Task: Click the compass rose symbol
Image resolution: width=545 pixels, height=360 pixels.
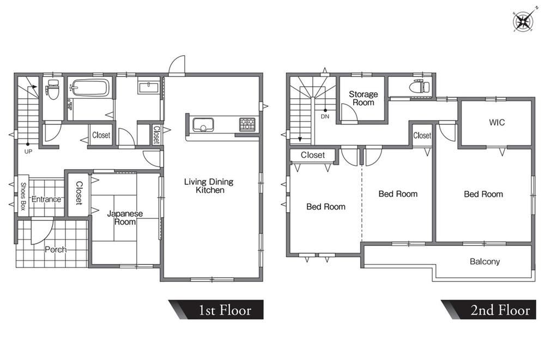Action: coord(523,21)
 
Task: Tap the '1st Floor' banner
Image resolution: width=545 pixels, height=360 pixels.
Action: coord(216,310)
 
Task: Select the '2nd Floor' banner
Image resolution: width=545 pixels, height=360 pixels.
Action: coord(489,310)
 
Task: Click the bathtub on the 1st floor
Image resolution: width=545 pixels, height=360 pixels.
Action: coord(90,87)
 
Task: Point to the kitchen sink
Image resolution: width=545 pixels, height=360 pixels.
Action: coord(203,125)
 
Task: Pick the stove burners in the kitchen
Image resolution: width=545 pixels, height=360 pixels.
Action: coord(247,125)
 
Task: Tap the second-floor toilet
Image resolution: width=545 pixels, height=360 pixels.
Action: coord(420,86)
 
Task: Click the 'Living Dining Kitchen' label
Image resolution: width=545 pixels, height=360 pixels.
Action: coord(209,186)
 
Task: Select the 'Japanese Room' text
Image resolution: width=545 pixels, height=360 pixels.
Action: coord(125,218)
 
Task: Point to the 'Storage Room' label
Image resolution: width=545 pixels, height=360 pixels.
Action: coord(363,98)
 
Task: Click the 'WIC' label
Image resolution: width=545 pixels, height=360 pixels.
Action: coord(496,122)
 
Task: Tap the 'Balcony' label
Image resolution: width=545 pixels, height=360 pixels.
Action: coord(485,261)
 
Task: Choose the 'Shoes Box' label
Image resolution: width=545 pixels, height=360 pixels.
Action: coord(23,196)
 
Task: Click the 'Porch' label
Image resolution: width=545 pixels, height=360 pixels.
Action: coord(56,249)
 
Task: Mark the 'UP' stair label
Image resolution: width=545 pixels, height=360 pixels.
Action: coord(28,152)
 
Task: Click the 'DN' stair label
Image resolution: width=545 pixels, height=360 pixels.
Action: coord(325,117)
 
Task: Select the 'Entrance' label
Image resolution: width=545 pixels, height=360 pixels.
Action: coord(46,199)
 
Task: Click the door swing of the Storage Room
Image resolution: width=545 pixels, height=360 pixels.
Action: coord(349,112)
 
